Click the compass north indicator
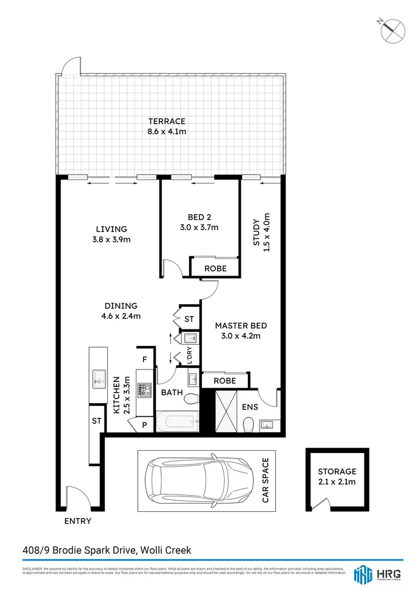(x=393, y=29)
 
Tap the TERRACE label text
(x=167, y=126)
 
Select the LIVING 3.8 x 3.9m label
(x=112, y=234)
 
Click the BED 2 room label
(x=199, y=222)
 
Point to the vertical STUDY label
(x=262, y=232)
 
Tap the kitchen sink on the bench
(x=100, y=378)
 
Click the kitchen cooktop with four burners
(x=144, y=390)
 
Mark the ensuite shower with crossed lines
(x=227, y=411)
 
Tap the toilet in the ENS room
(x=248, y=424)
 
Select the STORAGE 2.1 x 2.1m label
(x=337, y=477)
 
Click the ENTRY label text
(x=78, y=521)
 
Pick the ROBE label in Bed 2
(x=215, y=268)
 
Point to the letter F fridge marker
(x=145, y=360)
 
